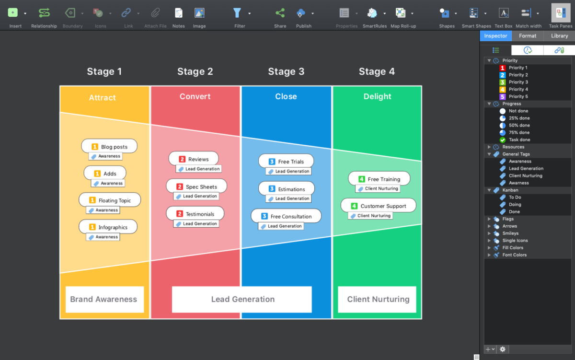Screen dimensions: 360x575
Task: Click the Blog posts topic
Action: (109, 147)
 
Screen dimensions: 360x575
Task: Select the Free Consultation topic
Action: (286, 216)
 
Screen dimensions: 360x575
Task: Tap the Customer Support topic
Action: (379, 206)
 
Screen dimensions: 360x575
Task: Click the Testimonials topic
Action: (195, 214)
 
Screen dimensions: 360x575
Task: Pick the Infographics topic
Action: (108, 227)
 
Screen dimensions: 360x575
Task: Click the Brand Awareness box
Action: (104, 299)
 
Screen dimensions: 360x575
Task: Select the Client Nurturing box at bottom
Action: (378, 299)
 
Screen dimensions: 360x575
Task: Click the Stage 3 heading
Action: (286, 71)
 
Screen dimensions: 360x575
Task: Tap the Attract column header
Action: (103, 97)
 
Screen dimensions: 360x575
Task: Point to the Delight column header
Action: (377, 96)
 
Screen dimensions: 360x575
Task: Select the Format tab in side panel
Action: (528, 36)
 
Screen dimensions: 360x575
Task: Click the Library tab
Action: (559, 36)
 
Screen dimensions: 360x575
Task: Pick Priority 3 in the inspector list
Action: (518, 82)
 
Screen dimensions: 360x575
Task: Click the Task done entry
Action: (519, 139)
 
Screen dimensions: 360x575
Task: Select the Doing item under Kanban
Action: (515, 204)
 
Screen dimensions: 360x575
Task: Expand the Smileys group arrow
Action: (489, 233)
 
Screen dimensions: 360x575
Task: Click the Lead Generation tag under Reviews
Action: (199, 169)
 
